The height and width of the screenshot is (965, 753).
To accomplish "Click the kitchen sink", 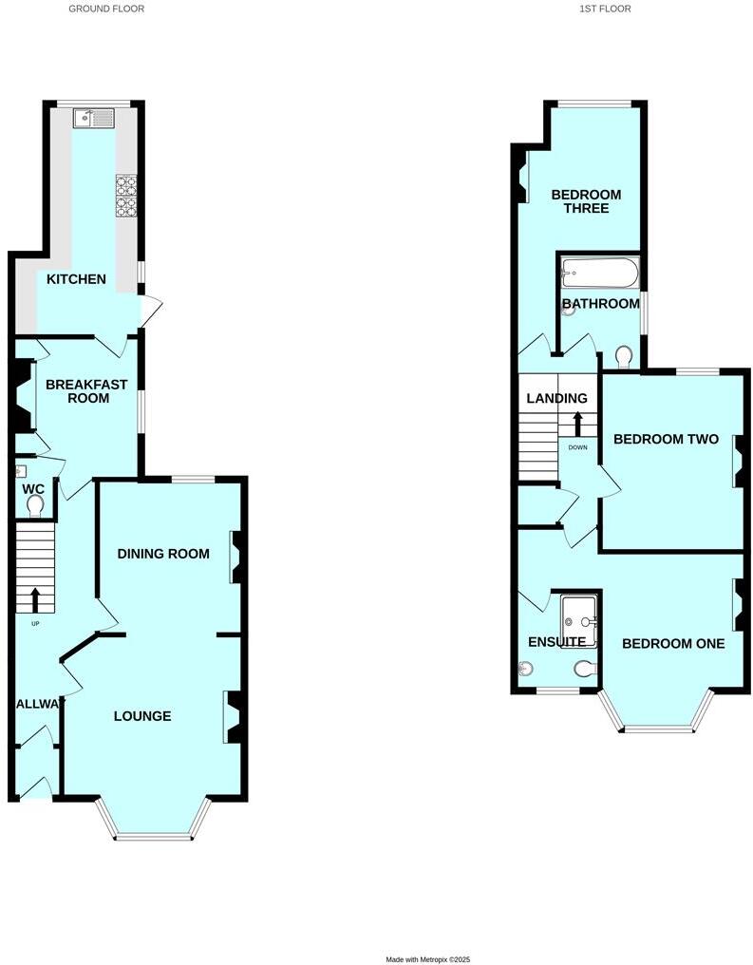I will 94,118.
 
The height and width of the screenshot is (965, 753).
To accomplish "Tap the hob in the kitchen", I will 126,197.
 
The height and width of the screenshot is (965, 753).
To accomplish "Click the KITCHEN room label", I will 77,279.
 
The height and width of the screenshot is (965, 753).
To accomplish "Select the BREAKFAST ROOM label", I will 78,390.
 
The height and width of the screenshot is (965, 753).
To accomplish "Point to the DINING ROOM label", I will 162,554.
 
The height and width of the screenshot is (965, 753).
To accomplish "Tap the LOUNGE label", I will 141,716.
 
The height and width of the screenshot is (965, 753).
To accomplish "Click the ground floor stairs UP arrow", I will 36,599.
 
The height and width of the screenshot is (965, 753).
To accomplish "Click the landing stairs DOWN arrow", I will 577,424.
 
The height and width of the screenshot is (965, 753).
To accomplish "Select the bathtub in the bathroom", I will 600,274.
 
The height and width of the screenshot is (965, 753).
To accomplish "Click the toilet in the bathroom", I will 624,357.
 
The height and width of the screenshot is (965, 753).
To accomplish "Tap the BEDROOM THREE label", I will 586,201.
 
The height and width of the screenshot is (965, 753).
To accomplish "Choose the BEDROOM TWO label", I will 666,439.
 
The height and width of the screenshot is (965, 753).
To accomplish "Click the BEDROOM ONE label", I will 673,644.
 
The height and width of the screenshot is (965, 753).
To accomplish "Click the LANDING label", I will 557,399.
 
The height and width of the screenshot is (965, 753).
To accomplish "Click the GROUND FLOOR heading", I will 106,9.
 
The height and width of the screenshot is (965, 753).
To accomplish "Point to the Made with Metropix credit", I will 427,959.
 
